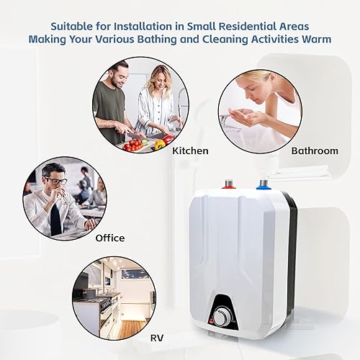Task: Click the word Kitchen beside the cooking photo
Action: pyautogui.click(x=190, y=150)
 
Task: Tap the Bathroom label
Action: pyautogui.click(x=314, y=150)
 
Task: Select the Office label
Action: pyautogui.click(x=109, y=238)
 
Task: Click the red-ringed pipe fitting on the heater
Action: pyautogui.click(x=229, y=184)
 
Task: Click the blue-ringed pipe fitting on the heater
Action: pyautogui.click(x=264, y=184)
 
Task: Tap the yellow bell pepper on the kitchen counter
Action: pyautogui.click(x=160, y=143)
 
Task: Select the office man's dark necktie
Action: pyautogui.click(x=55, y=219)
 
